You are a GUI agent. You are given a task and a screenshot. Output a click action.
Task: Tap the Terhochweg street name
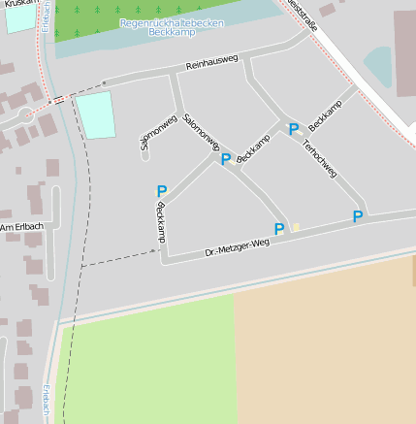tap(319, 158)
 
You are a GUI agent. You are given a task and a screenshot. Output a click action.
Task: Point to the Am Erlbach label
tap(21, 227)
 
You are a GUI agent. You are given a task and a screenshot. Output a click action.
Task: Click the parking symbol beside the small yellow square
tap(279, 229)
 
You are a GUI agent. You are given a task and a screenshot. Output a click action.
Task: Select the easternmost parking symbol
tap(358, 216)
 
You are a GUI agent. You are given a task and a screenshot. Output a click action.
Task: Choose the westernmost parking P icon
tap(161, 192)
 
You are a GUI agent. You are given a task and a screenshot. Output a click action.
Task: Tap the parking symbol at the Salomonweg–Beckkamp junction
tap(226, 159)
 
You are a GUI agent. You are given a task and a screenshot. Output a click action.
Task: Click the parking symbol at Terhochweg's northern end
tap(293, 129)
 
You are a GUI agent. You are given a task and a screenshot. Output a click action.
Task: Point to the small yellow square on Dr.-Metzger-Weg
tap(297, 227)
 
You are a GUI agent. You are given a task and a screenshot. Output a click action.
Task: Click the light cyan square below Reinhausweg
tap(95, 115)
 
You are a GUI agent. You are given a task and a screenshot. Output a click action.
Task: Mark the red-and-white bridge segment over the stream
tap(59, 99)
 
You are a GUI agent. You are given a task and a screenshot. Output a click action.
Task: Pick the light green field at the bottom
tap(150, 364)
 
